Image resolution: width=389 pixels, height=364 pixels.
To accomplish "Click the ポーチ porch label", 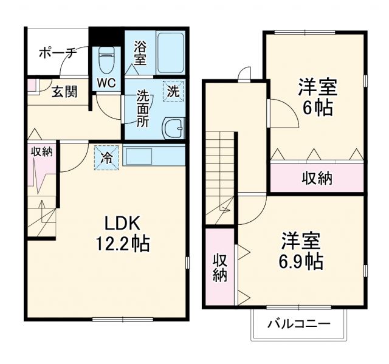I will click(57, 53).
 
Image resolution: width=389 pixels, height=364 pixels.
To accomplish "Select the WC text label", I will click(107, 83).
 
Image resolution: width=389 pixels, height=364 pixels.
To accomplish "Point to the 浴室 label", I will click(140, 53).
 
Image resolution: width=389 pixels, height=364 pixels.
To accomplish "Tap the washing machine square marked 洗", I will click(173, 92).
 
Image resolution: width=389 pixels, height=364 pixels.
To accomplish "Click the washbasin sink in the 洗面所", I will click(174, 128).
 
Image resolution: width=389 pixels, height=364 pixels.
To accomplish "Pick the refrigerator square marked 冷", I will click(107, 158).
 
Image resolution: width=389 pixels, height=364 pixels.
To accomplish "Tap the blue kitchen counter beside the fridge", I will click(154, 155).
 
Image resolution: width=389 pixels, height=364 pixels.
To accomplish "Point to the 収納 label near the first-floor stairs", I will click(42, 152).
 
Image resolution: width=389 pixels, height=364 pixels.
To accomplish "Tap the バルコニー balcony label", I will click(299, 323).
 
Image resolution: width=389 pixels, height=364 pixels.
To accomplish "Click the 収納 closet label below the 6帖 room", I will click(317, 177).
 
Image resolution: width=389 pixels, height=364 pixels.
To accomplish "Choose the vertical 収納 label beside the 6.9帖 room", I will click(219, 267).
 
